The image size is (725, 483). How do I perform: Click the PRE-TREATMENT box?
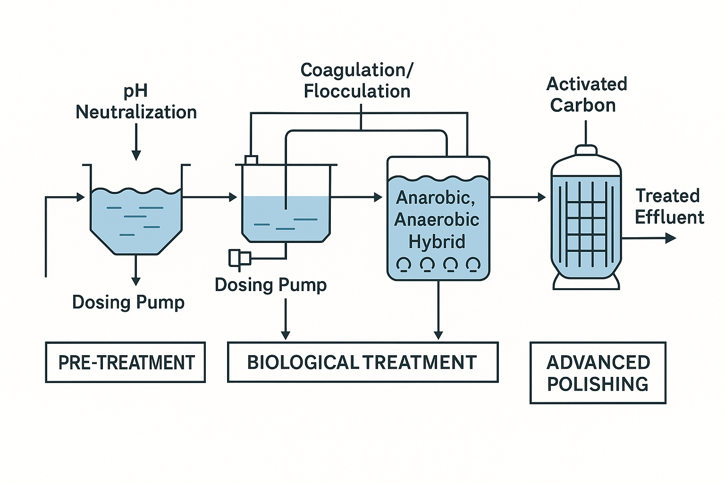pyautogui.click(x=126, y=362)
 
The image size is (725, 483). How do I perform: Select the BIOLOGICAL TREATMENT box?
pyautogui.click(x=362, y=362)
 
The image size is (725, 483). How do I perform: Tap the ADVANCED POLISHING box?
pyautogui.click(x=598, y=373)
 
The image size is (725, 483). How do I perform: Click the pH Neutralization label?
pyautogui.click(x=136, y=102)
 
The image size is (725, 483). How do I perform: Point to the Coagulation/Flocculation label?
pyautogui.click(x=357, y=81)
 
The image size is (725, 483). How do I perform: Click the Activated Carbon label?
pyautogui.click(x=586, y=95)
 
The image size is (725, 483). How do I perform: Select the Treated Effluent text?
pyautogui.click(x=668, y=207)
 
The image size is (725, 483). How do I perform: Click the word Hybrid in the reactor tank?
pyautogui.click(x=437, y=241)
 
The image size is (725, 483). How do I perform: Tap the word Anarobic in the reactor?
pyautogui.click(x=435, y=198)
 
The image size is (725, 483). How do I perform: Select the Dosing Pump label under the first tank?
pyautogui.click(x=128, y=302)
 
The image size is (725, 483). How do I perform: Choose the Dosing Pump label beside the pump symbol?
pyautogui.click(x=270, y=285)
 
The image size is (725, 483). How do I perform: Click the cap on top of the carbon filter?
pyautogui.click(x=586, y=150)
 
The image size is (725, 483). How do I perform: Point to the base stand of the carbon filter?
pyautogui.click(x=586, y=282)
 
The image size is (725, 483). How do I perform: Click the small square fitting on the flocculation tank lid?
pyautogui.click(x=251, y=160)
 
